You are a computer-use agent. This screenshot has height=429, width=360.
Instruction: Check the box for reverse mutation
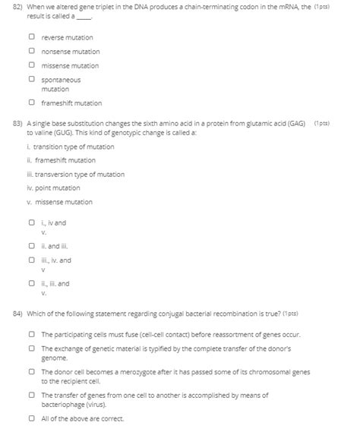tap(31, 37)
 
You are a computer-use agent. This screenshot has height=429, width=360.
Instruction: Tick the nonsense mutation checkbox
tap(31, 52)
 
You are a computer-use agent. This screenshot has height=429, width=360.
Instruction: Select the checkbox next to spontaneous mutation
tap(31, 79)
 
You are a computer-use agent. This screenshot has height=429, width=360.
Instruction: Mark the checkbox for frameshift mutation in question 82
tap(31, 103)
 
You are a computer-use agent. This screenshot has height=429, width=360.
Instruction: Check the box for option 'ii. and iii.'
tap(31, 246)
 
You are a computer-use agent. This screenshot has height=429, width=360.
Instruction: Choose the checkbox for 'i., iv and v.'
tap(31, 223)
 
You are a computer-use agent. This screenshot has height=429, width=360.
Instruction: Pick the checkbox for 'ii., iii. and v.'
tap(31, 284)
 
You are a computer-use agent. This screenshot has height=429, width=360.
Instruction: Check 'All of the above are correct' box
tap(31, 418)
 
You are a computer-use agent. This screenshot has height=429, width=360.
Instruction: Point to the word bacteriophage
tap(68, 404)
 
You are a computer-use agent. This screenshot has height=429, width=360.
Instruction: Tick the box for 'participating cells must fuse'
tap(31, 334)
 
